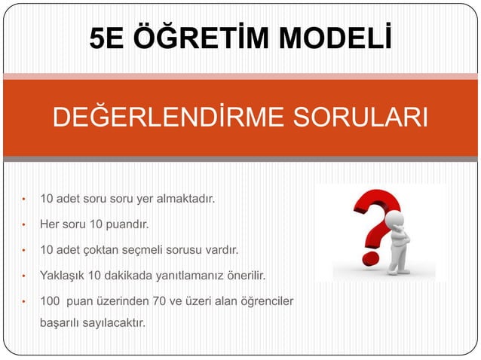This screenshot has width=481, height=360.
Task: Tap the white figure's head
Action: point(394,218)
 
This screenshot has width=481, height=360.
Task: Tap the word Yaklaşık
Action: point(63,273)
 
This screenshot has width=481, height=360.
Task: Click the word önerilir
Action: point(246,273)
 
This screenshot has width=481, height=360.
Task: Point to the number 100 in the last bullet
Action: point(50,301)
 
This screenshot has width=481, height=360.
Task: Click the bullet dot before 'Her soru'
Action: point(24,224)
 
